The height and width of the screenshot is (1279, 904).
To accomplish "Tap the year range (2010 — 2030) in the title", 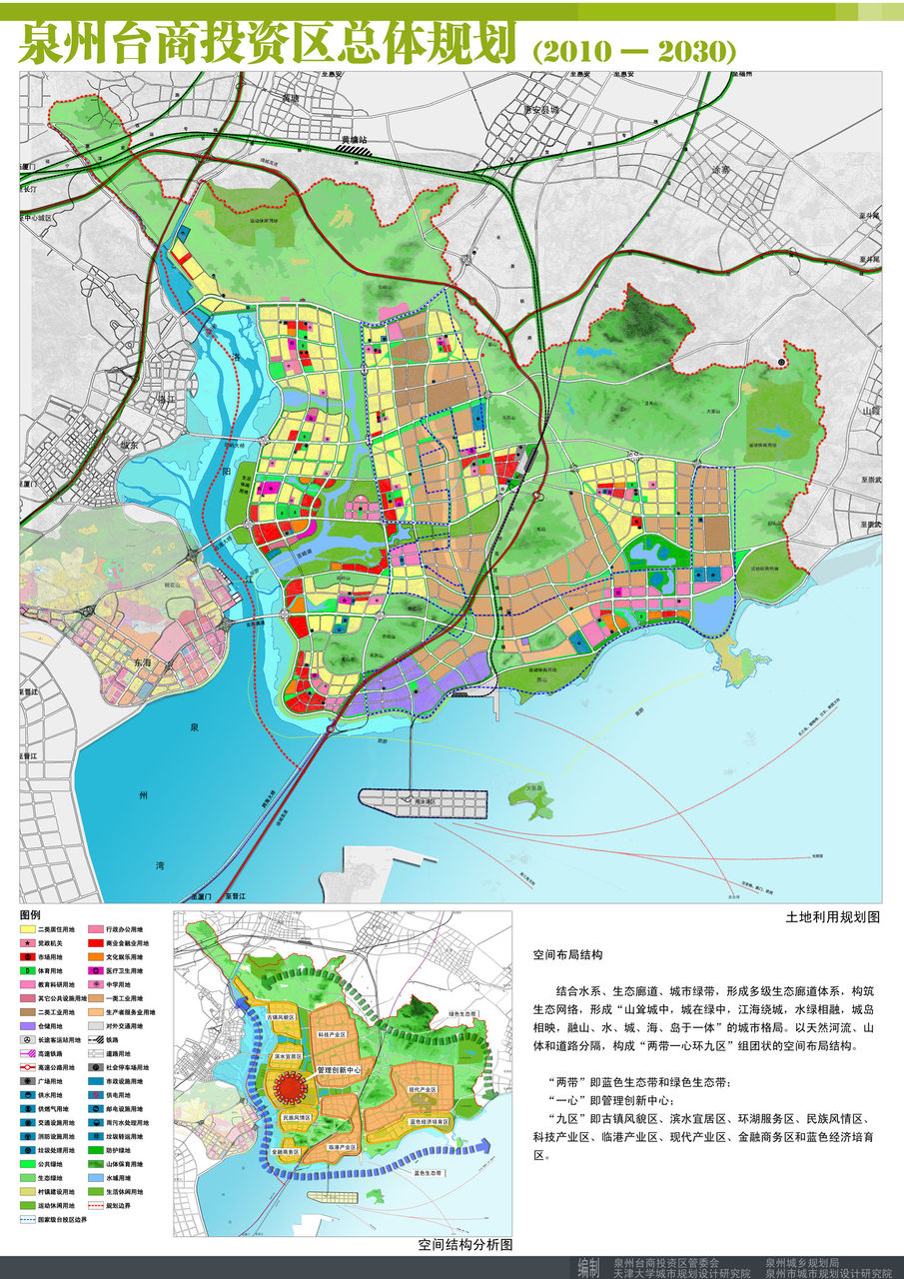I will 634,49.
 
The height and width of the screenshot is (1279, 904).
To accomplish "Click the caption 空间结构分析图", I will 465,1245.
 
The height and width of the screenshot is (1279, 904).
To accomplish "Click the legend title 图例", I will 31,914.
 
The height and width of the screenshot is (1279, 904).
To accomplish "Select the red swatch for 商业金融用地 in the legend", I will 96,943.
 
